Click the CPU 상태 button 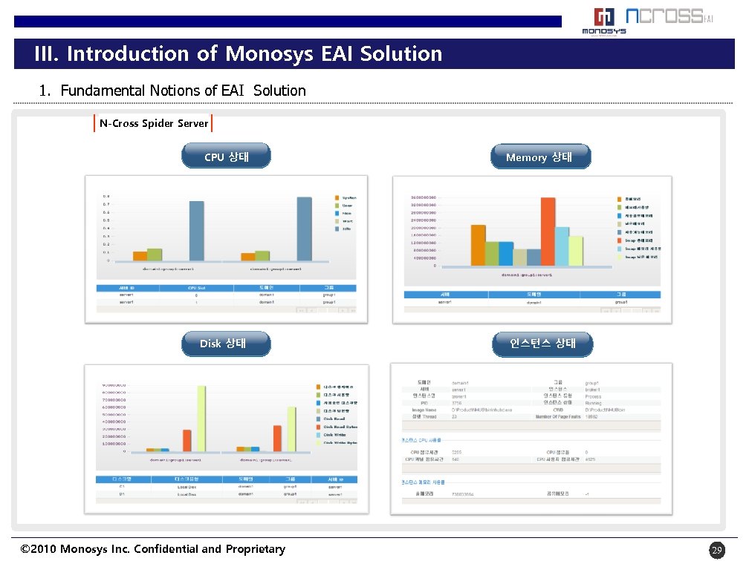tap(226, 157)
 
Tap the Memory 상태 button tap(540, 157)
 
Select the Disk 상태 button tap(226, 344)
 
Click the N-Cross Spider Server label tap(154, 123)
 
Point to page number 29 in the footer tap(716, 550)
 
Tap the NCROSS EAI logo tap(669, 16)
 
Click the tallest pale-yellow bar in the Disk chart tap(201, 417)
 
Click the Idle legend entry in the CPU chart tap(346, 229)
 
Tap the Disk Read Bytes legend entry tap(340, 427)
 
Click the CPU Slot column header tap(196, 287)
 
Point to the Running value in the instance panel tap(594, 403)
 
